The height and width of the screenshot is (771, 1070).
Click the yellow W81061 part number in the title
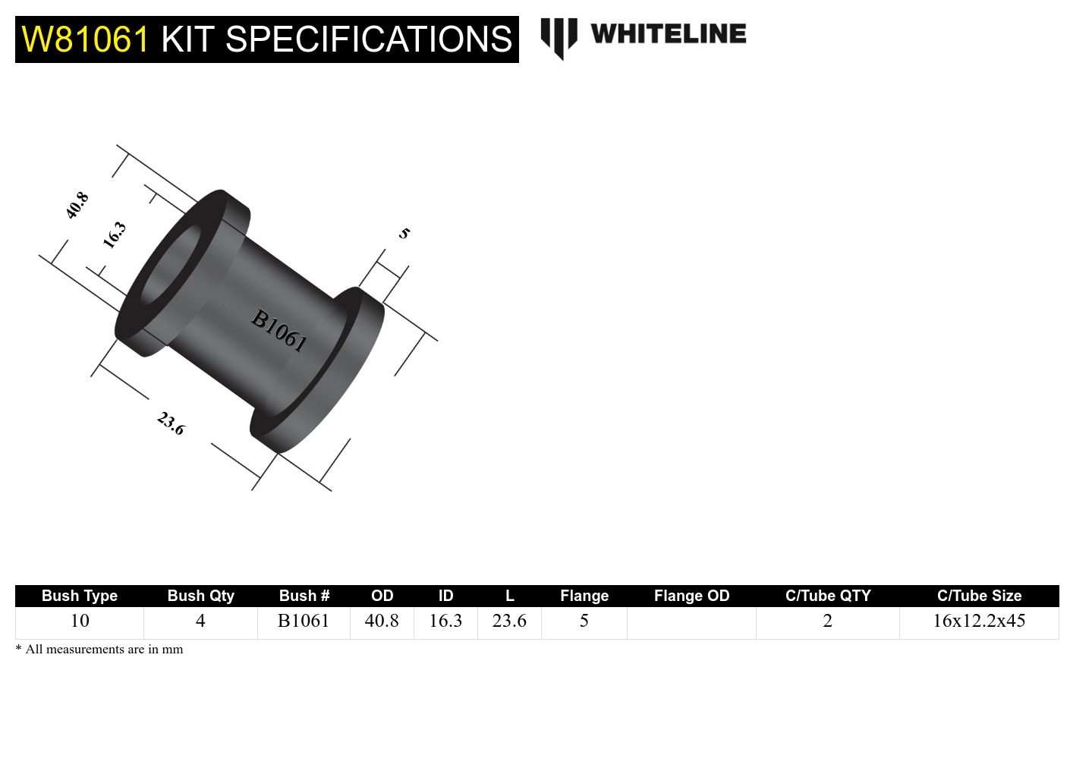click(85, 39)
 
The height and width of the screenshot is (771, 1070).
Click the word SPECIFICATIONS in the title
click(369, 39)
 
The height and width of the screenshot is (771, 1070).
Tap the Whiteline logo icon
click(559, 37)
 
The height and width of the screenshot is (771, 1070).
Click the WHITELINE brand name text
click(668, 34)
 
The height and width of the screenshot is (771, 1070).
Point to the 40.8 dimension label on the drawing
click(77, 206)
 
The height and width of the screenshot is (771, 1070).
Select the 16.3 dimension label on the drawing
click(115, 234)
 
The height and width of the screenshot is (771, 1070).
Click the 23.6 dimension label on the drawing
click(171, 423)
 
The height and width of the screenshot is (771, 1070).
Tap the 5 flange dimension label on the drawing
click(404, 233)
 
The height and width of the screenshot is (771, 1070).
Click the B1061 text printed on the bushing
click(279, 330)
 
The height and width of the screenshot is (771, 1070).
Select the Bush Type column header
click(80, 596)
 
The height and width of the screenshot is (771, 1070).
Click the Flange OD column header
click(691, 596)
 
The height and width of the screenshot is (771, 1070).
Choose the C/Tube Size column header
click(979, 596)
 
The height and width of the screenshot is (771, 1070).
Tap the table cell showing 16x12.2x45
click(979, 621)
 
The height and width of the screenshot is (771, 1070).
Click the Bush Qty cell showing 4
click(200, 621)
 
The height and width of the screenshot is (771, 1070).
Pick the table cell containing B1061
click(304, 621)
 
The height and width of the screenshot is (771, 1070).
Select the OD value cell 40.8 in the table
click(382, 621)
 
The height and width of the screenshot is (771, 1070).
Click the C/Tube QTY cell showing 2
click(827, 621)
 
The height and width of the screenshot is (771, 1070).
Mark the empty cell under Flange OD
click(691, 622)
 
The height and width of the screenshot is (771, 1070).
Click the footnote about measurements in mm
click(100, 650)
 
